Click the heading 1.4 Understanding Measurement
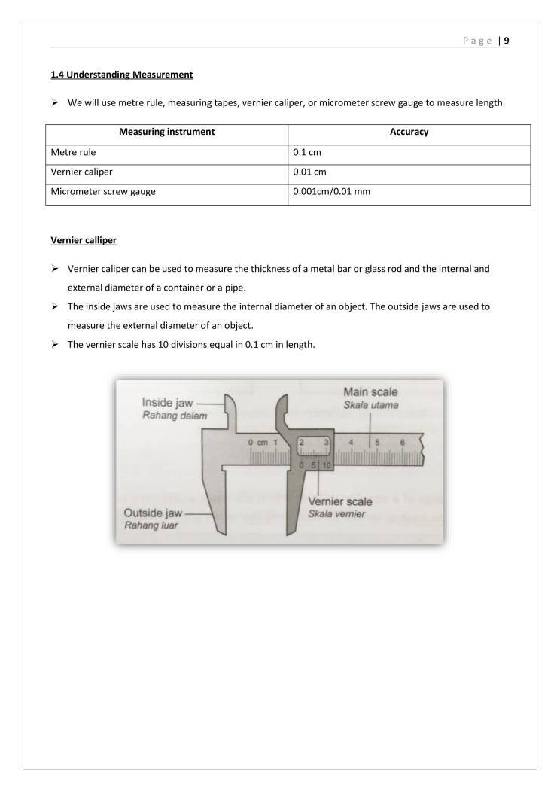[121, 75]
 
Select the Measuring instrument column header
[166, 132]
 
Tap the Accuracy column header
[409, 132]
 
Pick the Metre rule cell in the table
[73, 152]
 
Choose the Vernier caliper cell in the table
[81, 172]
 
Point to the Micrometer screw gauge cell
[103, 192]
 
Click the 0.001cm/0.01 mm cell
[331, 192]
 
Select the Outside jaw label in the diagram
[153, 513]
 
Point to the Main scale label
[370, 392]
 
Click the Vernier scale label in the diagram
[339, 502]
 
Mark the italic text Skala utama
[369, 405]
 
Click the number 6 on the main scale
[403, 443]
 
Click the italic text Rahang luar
[151, 525]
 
